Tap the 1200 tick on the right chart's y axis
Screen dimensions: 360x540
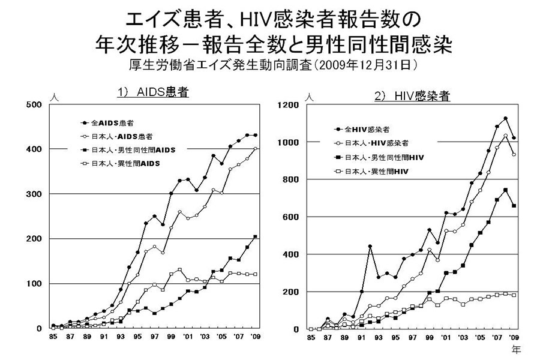tap(290, 105)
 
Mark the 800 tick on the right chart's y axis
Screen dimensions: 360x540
tap(292, 179)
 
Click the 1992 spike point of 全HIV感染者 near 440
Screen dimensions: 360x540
tap(370, 247)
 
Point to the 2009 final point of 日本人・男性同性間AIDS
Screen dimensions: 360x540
tap(255, 237)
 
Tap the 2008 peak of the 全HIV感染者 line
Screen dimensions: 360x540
tap(505, 118)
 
